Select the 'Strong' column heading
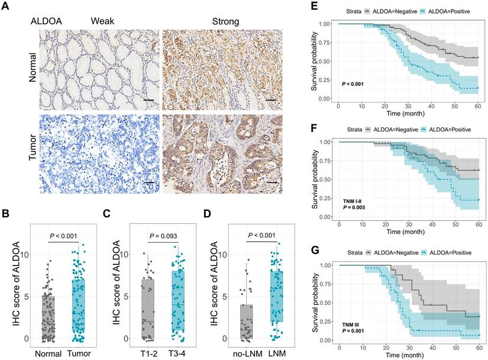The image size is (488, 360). [x=225, y=22]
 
